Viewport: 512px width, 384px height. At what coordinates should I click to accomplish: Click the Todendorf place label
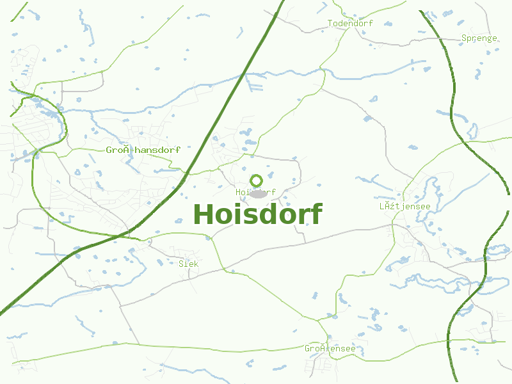(350, 24)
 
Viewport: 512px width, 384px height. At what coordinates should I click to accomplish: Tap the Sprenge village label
(479, 38)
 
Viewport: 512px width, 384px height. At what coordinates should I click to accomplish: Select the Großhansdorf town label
(143, 150)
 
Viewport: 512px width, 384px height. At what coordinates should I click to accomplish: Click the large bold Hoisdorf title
(257, 214)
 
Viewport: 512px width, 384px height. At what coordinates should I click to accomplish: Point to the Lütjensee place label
(404, 206)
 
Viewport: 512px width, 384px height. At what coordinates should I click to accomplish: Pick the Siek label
(188, 264)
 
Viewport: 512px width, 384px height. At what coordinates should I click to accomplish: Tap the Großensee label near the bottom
(330, 349)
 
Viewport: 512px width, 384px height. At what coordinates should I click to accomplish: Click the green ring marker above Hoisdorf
(256, 180)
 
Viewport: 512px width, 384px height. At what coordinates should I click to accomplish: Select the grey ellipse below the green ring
(257, 194)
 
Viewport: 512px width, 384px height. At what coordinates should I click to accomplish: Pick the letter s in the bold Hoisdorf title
(246, 216)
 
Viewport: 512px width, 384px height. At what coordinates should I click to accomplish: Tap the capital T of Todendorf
(330, 24)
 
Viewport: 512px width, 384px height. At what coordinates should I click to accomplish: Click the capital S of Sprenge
(464, 38)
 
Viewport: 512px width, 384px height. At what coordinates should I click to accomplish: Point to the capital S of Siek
(181, 264)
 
